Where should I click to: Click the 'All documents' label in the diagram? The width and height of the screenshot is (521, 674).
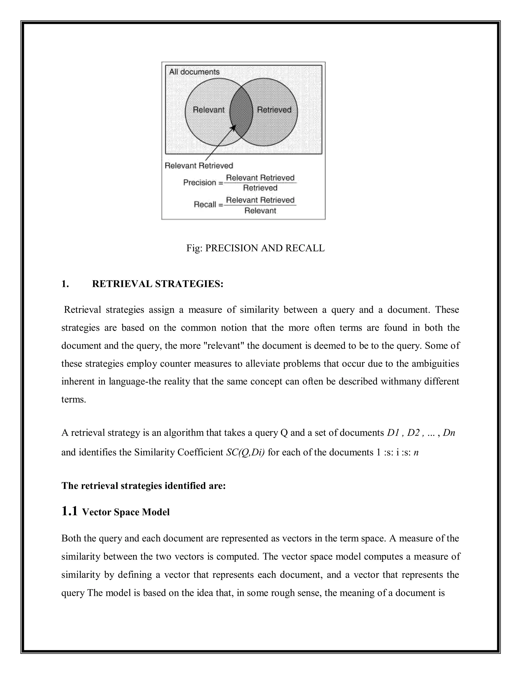(194, 72)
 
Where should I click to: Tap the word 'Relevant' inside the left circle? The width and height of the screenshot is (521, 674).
(209, 110)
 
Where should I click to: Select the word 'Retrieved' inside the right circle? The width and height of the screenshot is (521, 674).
(274, 110)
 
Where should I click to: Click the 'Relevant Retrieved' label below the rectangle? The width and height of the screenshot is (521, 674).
(199, 166)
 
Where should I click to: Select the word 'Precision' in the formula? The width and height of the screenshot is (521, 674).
(200, 182)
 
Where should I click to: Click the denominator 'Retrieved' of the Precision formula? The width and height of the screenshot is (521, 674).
(260, 188)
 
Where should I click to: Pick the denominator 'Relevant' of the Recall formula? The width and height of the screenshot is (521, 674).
(260, 211)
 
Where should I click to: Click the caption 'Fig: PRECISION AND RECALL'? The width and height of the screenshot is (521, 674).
(255, 248)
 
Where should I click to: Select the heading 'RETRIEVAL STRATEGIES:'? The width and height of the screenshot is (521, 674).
(157, 284)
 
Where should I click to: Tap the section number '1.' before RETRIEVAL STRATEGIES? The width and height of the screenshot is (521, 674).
(65, 284)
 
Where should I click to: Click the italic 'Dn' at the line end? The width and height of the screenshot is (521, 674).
(449, 433)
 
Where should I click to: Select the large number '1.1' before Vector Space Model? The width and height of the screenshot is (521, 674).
(69, 511)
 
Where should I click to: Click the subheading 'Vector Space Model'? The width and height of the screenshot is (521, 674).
(126, 512)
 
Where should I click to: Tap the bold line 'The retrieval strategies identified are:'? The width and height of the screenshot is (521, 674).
(143, 486)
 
